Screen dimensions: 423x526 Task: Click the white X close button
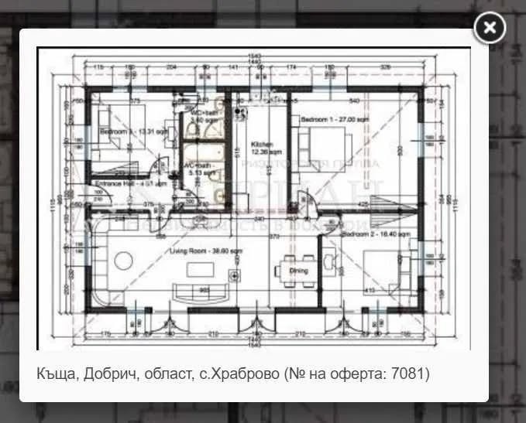coord(490,29)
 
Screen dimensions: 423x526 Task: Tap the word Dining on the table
coord(298,271)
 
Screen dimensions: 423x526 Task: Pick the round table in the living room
coord(123,261)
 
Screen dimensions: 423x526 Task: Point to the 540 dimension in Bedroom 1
coord(355,101)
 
